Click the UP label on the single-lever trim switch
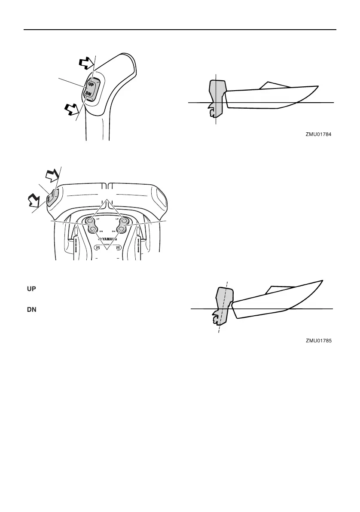point(91,84)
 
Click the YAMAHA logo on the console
point(107,240)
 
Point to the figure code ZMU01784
point(319,134)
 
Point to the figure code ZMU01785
point(319,341)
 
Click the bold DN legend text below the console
point(31,309)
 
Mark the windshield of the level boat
point(275,85)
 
